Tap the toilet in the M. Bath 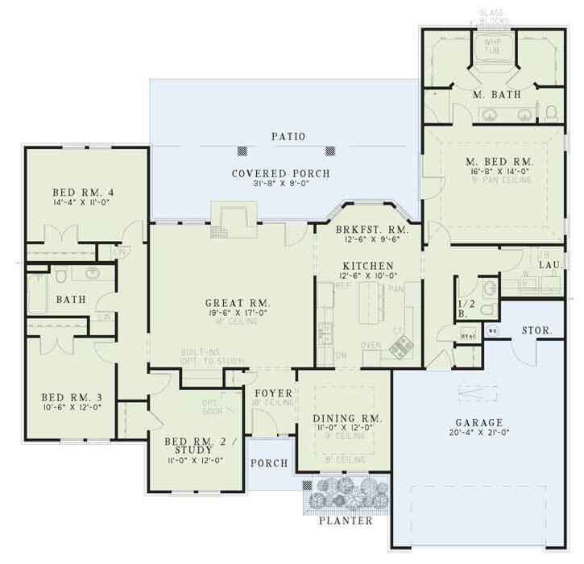[551, 110]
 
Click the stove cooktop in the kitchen [400, 347]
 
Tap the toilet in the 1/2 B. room [487, 288]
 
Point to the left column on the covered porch [240, 151]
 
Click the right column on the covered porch [329, 151]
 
